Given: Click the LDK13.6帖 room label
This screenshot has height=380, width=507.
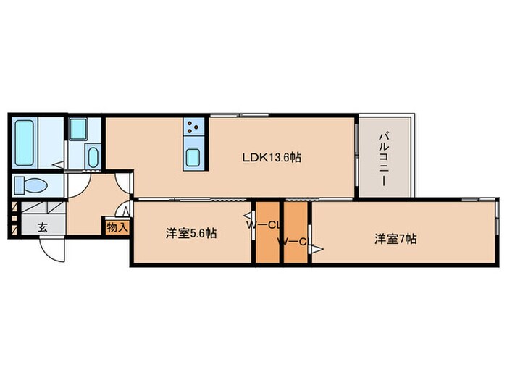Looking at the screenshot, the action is (x=272, y=157).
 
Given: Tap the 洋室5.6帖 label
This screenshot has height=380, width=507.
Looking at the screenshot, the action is (x=191, y=233).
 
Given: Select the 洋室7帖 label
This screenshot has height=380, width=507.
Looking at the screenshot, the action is (x=395, y=239).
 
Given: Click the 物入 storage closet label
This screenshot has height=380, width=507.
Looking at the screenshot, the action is (x=117, y=227).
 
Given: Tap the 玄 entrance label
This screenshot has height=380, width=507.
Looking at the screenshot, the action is (x=43, y=227).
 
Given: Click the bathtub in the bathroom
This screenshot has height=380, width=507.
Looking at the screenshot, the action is (x=24, y=143).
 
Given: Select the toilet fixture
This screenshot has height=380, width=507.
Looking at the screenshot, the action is (x=31, y=185).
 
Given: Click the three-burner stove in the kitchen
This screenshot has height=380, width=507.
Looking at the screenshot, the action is (x=193, y=126).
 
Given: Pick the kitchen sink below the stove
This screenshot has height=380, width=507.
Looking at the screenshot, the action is (x=193, y=159).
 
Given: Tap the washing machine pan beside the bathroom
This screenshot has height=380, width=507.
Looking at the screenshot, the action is (x=78, y=130).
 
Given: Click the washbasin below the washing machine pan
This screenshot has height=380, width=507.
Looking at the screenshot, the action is (x=93, y=157).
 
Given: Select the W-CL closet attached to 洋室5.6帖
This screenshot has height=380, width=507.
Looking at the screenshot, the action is (x=267, y=232).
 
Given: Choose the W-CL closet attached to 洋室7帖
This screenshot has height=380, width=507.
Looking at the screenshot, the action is (x=296, y=232).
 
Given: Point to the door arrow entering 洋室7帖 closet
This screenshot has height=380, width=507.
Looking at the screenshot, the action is (x=318, y=249).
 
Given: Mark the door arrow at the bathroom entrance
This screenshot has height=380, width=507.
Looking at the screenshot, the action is (x=58, y=165).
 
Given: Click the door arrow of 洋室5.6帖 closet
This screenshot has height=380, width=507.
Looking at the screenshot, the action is (x=249, y=216).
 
